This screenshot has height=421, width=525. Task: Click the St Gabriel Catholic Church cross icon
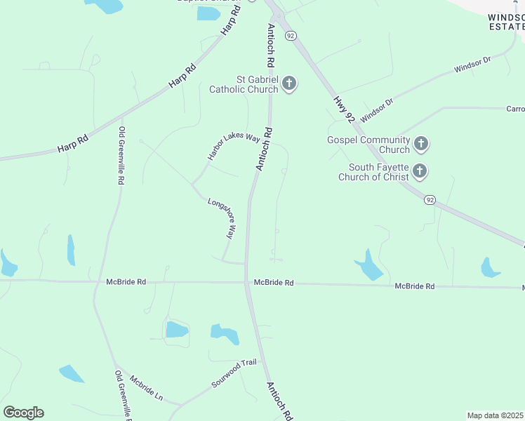click(288, 85)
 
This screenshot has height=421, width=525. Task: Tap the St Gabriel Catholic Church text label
click(244, 84)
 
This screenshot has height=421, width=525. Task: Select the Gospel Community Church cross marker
click(420, 145)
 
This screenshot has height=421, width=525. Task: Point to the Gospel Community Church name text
click(368, 145)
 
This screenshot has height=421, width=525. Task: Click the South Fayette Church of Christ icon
click(420, 171)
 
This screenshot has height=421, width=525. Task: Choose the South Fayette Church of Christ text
click(373, 172)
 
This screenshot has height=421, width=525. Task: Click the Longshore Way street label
click(221, 219)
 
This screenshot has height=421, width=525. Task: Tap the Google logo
click(23, 412)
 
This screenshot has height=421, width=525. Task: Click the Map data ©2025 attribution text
click(496, 415)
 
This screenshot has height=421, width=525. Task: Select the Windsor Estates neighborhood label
click(506, 21)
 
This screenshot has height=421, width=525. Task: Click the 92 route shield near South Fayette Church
click(430, 200)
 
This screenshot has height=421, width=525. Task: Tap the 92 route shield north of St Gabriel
click(291, 35)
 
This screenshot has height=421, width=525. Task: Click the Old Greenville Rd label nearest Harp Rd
click(121, 156)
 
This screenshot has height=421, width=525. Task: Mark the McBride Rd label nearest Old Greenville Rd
click(126, 282)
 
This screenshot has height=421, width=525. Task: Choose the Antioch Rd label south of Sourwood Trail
click(279, 401)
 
